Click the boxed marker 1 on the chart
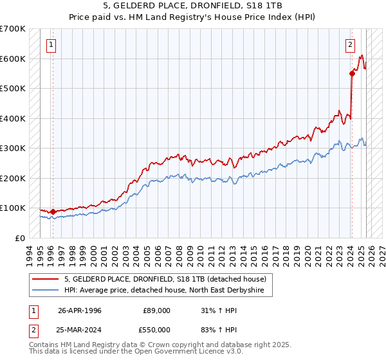[51, 45]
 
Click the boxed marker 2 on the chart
[350, 45]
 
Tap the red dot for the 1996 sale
[53, 211]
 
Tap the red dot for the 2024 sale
[352, 73]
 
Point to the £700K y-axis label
[14, 29]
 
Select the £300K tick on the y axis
[14, 148]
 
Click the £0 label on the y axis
[20, 238]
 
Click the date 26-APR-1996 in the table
[80, 310]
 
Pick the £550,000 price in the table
[157, 328]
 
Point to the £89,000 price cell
[157, 310]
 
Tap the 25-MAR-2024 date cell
[80, 328]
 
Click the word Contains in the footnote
[45, 345]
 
